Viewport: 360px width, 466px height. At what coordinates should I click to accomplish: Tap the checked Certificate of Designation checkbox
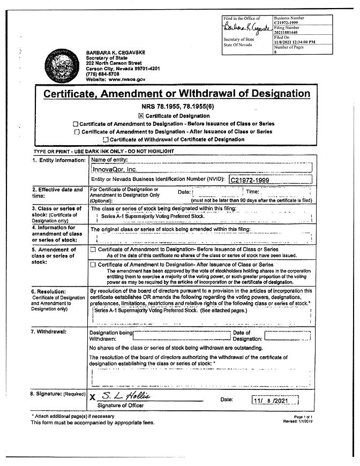pyautogui.click(x=141, y=116)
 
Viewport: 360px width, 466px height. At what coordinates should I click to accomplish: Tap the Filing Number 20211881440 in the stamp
pyautogui.click(x=288, y=32)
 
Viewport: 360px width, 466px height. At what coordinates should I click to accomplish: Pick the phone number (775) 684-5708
pyautogui.click(x=102, y=74)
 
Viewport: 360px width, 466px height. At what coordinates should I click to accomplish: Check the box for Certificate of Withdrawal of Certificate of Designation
pyautogui.click(x=106, y=139)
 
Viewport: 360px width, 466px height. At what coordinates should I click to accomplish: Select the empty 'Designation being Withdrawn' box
pyautogui.click(x=181, y=336)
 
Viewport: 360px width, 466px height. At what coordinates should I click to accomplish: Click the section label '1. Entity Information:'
pyautogui.click(x=58, y=160)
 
